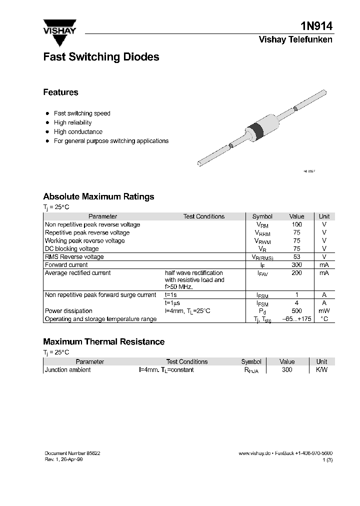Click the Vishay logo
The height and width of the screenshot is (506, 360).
59,28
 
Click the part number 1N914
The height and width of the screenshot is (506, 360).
317,26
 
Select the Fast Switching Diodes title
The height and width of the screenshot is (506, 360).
101,57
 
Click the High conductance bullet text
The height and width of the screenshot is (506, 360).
78,132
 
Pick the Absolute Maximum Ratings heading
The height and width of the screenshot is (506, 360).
98,196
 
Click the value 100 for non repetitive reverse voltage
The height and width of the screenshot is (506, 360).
296,224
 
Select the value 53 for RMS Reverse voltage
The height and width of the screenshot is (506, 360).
296,257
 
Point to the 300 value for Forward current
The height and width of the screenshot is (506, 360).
296,265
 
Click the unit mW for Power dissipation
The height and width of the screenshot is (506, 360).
324,311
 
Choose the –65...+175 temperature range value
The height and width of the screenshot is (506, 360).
296,319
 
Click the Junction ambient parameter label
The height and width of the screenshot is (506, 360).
68,370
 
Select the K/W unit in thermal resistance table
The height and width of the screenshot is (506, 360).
321,370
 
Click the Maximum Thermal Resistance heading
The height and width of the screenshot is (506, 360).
103,342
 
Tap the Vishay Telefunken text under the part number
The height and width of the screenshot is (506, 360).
295,39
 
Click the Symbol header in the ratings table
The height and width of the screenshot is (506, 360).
262,216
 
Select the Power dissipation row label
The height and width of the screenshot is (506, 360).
68,311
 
